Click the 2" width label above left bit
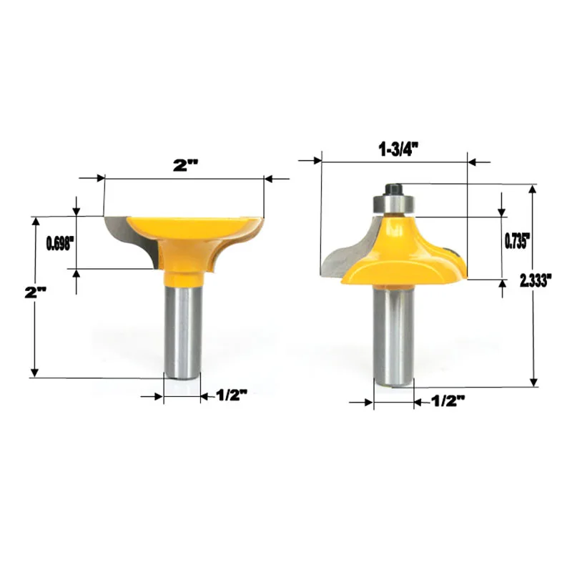point(184,164)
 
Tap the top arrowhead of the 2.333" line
point(533,189)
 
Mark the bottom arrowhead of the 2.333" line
point(533,383)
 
